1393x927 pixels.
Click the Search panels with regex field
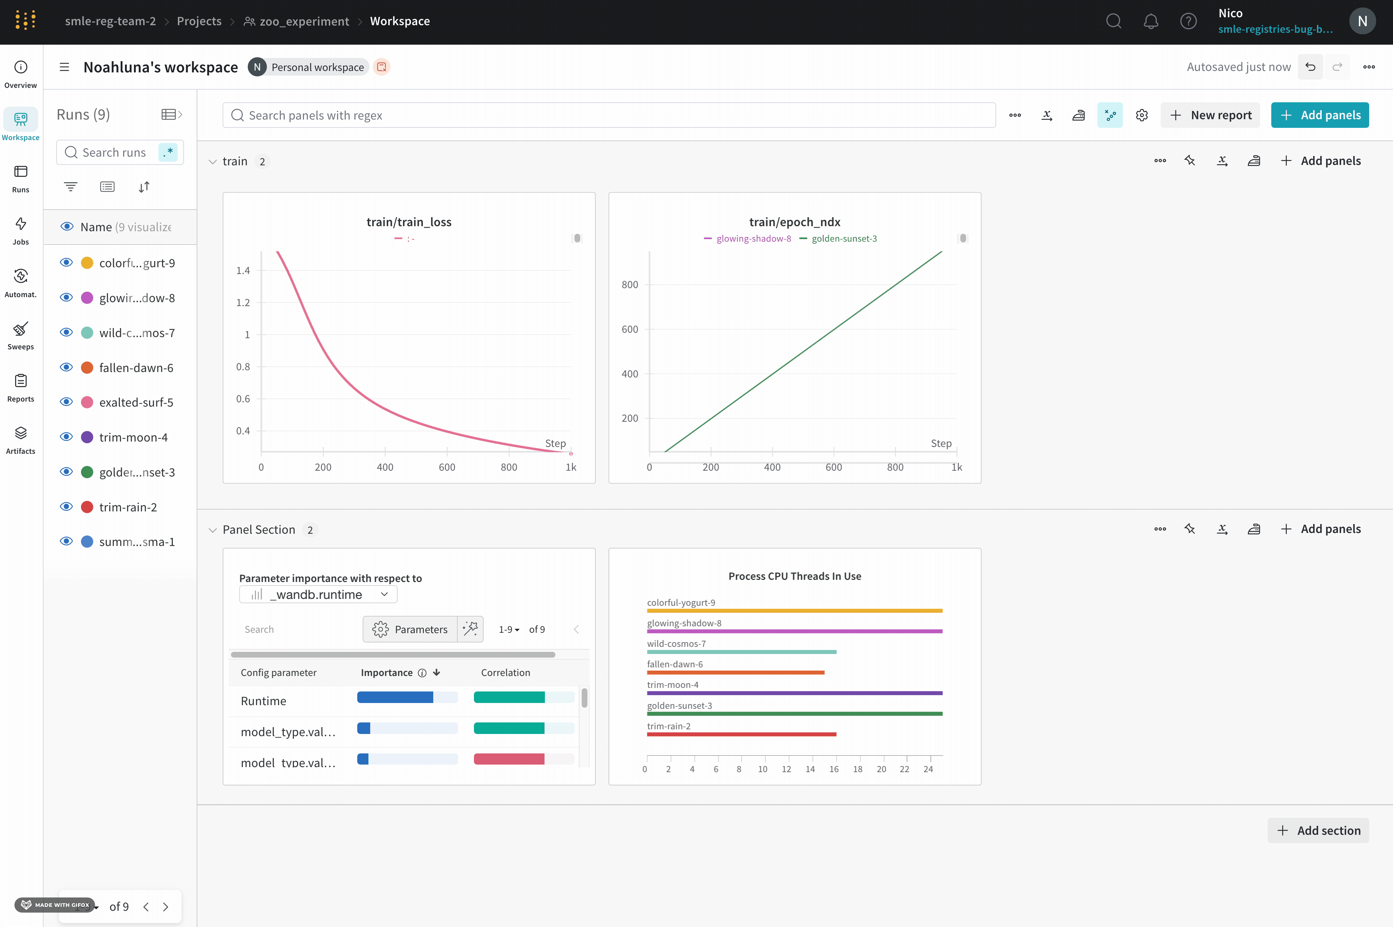coord(609,115)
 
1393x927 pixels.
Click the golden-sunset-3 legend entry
coord(843,238)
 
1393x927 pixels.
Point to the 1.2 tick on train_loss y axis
coord(243,303)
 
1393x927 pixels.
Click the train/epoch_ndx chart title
coord(794,222)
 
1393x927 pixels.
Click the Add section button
coord(1318,830)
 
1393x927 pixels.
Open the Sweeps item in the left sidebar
coord(21,335)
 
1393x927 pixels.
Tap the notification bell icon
coord(1151,21)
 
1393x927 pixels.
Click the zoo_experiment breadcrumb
coord(304,21)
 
